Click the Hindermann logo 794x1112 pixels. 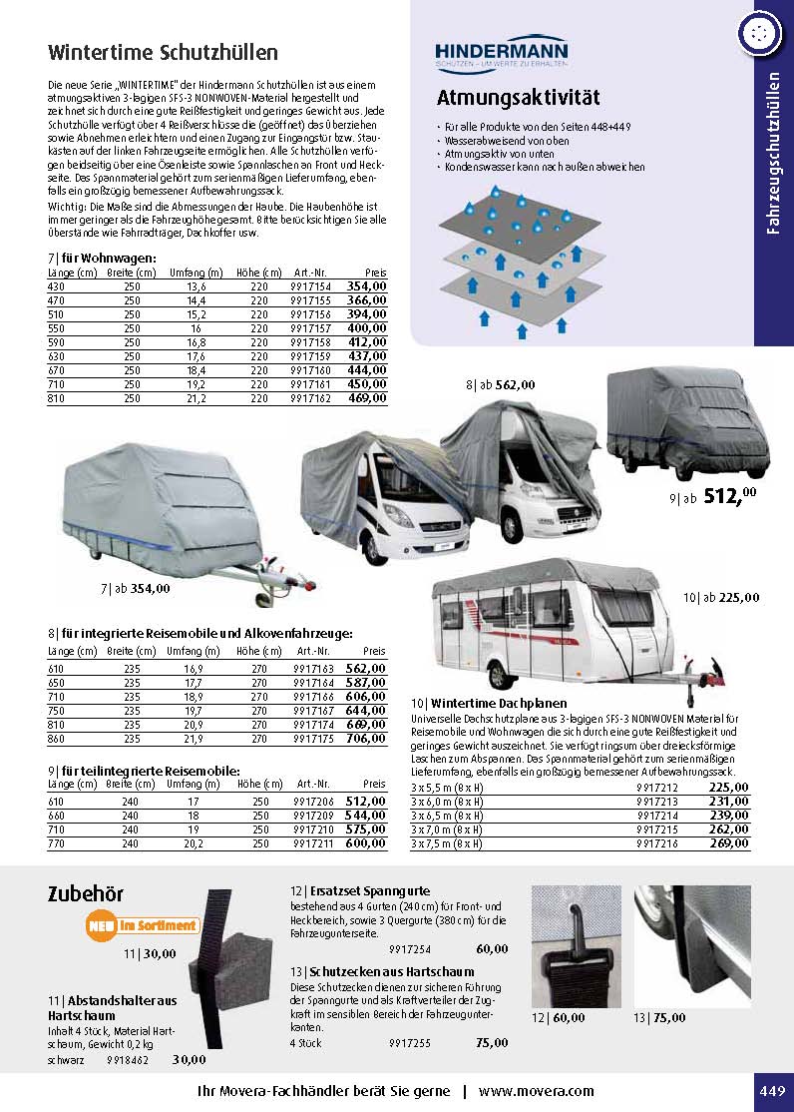coord(502,53)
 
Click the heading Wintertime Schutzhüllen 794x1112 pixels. coord(163,52)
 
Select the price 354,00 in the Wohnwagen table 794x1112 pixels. coord(366,285)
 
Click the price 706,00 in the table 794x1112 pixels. coord(366,738)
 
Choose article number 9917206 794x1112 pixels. coord(310,800)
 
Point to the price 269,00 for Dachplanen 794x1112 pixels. coord(729,842)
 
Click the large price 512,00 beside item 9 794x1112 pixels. coord(731,495)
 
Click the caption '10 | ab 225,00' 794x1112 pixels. coord(721,598)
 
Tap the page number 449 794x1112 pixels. coord(773,1090)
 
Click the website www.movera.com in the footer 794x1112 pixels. coord(536,1091)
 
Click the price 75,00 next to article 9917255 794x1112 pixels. coord(492,1042)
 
